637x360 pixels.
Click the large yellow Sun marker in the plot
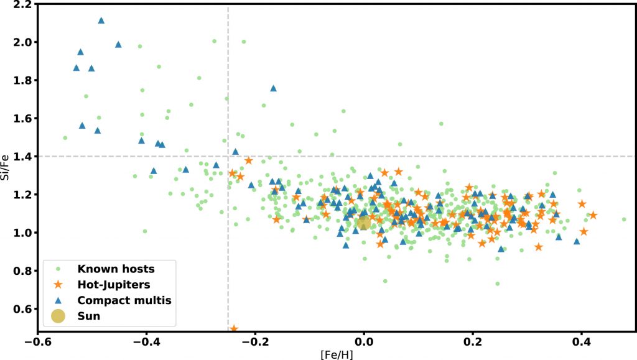click(x=363, y=223)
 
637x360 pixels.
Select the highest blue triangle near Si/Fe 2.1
click(x=101, y=21)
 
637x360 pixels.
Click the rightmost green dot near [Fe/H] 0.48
click(x=624, y=219)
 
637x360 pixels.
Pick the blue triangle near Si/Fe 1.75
click(x=273, y=88)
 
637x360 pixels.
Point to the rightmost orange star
click(x=593, y=215)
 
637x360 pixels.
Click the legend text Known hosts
click(x=116, y=269)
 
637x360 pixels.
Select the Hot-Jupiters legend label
click(x=115, y=285)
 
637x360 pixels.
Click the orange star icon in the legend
click(x=58, y=285)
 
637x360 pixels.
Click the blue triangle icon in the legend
click(x=58, y=300)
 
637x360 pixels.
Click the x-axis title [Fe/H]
click(x=337, y=354)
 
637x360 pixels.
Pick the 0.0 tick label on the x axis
click(x=364, y=341)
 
